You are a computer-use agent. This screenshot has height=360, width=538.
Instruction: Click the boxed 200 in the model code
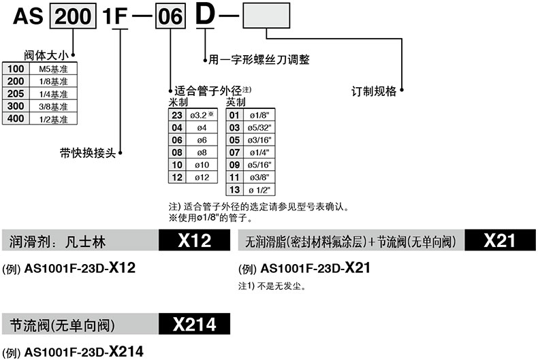click(x=66, y=16)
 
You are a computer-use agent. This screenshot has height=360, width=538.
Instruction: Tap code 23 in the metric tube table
click(x=176, y=115)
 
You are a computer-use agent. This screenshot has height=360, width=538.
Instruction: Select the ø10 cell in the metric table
click(x=201, y=164)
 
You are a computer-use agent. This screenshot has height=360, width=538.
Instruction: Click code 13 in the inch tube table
click(x=235, y=189)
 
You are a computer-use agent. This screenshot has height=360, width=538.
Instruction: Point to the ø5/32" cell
click(x=260, y=127)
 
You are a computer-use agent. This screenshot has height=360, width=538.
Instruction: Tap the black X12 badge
click(x=194, y=241)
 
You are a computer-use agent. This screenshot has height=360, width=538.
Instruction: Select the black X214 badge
click(x=194, y=325)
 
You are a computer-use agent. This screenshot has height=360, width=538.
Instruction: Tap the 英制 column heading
click(x=236, y=101)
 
